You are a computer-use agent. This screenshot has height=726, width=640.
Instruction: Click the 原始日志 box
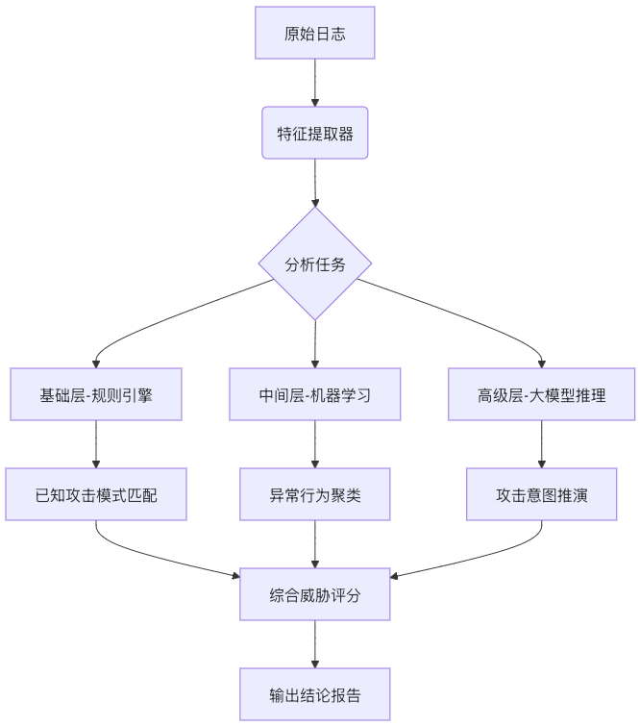point(315,34)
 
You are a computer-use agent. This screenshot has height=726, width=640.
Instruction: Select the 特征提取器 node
point(315,133)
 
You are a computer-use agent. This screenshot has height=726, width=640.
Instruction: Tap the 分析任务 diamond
point(315,263)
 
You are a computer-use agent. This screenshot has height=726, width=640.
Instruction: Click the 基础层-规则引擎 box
point(96,394)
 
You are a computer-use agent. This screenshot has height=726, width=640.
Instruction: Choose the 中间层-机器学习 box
point(315,394)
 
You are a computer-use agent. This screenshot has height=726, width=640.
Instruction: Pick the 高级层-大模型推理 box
point(541,394)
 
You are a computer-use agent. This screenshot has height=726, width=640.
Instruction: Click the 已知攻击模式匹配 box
point(96,494)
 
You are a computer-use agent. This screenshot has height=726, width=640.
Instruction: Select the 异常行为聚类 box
point(315,494)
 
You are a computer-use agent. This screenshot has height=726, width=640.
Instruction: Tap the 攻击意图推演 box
point(541,494)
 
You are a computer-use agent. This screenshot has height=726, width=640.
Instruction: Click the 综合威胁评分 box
point(315,594)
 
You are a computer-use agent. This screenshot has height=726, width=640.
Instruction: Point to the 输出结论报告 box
point(315,694)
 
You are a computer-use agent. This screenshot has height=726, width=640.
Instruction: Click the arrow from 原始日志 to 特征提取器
point(315,83)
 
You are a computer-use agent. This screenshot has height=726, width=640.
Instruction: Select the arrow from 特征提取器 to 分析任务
point(315,183)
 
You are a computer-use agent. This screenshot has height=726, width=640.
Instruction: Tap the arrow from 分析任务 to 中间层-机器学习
point(315,344)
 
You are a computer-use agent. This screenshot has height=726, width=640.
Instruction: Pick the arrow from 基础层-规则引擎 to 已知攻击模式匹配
point(96,444)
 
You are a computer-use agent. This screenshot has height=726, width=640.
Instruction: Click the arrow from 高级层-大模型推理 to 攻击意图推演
point(541,444)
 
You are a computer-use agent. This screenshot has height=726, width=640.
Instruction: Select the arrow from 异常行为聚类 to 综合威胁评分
point(315,544)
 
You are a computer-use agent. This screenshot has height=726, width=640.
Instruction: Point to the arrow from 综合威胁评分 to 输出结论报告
point(315,644)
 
